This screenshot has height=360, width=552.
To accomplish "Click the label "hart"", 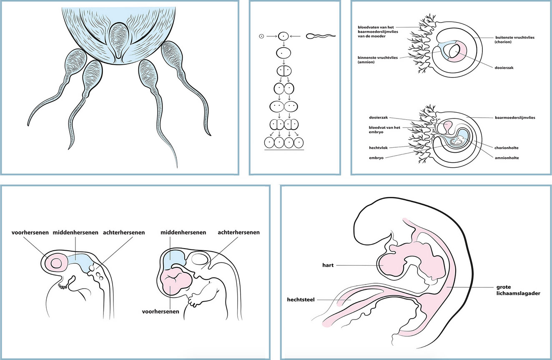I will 328,265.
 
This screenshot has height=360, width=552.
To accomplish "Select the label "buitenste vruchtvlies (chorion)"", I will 515,40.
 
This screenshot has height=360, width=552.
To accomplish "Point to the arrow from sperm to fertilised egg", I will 296,36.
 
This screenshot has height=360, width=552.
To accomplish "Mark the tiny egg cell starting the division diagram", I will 261,36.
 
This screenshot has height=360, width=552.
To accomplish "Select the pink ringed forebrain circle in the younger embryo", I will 56,263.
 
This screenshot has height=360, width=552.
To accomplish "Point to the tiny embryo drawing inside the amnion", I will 458,142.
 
